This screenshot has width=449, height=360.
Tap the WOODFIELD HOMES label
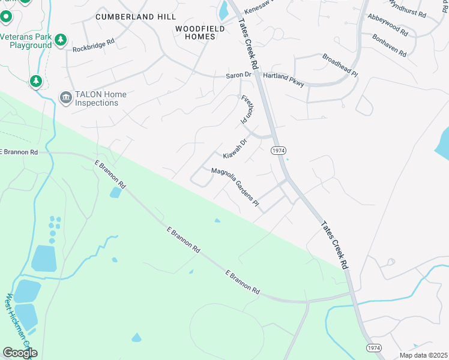(200, 32)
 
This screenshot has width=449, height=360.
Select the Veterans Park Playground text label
(26, 41)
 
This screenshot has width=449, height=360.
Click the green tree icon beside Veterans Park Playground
(61, 40)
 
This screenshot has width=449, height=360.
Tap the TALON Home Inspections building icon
(65, 97)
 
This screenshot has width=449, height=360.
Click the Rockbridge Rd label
(93, 45)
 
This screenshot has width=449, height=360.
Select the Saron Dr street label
(238, 75)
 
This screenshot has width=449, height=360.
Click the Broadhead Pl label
(340, 65)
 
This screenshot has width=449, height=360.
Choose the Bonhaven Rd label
(390, 44)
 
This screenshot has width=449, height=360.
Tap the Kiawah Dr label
(235, 149)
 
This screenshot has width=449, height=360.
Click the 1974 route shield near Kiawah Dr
(277, 150)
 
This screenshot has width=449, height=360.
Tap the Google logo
(20, 353)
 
